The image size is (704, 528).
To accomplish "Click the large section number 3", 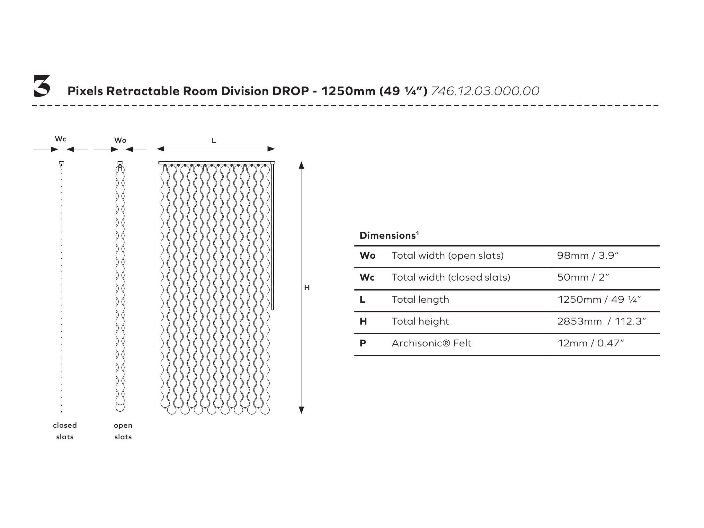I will (42, 86).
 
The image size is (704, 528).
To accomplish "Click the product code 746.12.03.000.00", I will (485, 91).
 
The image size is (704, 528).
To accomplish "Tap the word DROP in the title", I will (291, 91).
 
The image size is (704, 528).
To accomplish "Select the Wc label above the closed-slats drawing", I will (60, 139).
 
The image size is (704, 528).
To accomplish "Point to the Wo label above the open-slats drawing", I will (120, 140).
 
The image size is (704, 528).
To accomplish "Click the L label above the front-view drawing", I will (214, 140).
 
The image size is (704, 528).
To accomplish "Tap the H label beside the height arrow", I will (307, 288).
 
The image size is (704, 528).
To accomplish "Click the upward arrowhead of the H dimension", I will (301, 165).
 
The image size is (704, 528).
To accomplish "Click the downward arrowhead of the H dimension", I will (301, 410).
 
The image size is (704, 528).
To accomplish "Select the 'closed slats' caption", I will (65, 431).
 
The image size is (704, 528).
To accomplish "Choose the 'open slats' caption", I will (123, 431).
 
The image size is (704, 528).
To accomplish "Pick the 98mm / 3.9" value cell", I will (588, 255).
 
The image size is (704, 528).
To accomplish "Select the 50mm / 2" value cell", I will (583, 277).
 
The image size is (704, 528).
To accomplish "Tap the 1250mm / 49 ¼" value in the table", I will (599, 300).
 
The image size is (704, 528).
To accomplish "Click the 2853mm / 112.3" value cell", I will (601, 321).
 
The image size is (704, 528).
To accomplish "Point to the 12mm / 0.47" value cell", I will (590, 343).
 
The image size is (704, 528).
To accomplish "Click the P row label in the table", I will (363, 343).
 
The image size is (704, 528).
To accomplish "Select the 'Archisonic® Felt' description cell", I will (431, 343).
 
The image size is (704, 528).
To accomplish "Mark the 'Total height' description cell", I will (420, 321).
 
